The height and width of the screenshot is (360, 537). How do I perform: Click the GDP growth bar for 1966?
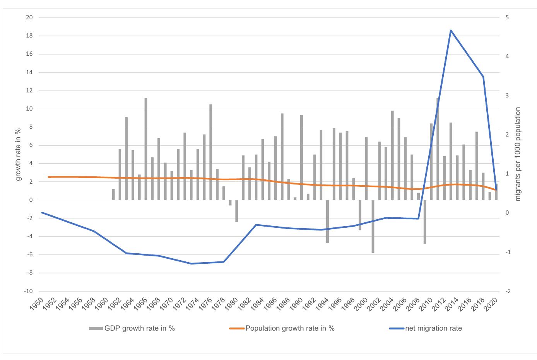[x=146, y=149]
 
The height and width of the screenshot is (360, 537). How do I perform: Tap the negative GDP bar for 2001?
[x=373, y=226]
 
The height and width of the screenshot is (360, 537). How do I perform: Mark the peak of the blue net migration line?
[x=451, y=31]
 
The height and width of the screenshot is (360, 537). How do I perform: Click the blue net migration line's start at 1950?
[x=42, y=213]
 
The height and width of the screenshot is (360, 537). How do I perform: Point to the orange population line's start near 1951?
[x=49, y=177]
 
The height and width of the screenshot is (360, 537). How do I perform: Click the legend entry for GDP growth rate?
[x=132, y=328]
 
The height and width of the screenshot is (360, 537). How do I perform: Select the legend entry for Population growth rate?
[x=282, y=328]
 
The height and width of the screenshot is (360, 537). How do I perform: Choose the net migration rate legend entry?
[x=426, y=328]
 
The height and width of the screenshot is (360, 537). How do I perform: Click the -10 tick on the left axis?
[x=29, y=291]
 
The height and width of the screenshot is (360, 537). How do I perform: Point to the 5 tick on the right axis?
[x=506, y=18]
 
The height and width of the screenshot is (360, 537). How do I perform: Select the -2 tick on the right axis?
[x=508, y=291]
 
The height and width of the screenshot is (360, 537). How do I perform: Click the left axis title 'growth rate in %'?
[x=18, y=155]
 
